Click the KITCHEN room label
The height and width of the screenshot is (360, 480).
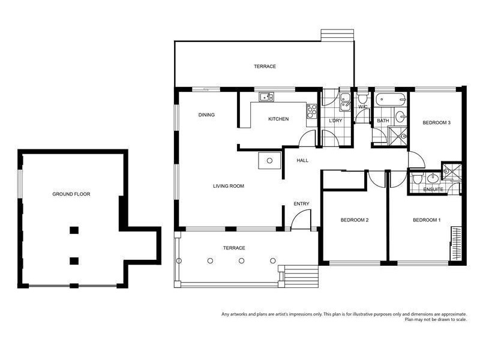278,119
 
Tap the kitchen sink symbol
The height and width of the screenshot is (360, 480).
266,97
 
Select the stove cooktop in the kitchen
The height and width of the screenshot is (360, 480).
311,110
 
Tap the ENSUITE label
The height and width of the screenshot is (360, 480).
433,190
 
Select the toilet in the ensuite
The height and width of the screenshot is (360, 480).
416,178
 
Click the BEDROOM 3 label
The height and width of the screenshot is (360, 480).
436,122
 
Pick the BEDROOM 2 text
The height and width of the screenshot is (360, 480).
354,220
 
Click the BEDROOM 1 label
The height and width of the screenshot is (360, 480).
427,220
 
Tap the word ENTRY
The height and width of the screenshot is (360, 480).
301,204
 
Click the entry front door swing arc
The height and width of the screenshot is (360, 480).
297,220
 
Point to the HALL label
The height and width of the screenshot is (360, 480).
302,160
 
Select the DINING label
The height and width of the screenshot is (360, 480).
206,115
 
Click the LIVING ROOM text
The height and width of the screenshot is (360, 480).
228,186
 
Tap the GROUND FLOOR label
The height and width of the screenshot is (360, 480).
71,194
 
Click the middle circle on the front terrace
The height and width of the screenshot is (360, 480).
241,260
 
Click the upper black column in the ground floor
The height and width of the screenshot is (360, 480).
74,230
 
